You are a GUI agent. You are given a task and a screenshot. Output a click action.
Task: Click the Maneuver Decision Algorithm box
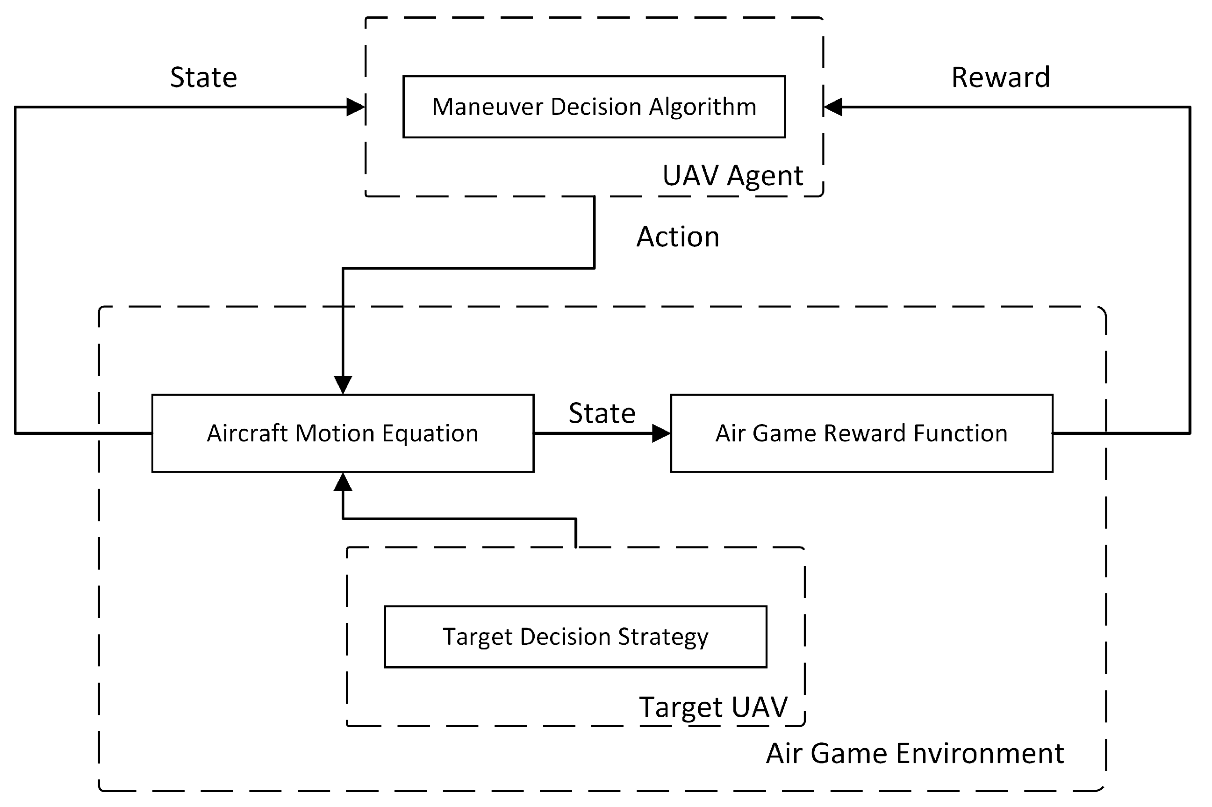594,107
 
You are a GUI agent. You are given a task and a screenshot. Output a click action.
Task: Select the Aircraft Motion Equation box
343,433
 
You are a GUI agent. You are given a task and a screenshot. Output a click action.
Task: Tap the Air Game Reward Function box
861,433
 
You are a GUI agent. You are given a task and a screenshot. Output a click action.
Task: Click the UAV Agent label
732,175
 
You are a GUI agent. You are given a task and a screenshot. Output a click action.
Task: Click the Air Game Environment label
915,754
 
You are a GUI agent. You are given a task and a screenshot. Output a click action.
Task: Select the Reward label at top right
1000,77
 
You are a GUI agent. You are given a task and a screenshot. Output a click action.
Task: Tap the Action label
677,237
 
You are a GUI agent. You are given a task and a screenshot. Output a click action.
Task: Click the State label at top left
203,77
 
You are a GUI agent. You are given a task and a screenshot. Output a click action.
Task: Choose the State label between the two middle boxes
602,413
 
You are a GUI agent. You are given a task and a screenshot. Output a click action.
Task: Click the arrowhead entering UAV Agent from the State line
356,107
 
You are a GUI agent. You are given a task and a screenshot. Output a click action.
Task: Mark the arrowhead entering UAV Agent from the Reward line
832,107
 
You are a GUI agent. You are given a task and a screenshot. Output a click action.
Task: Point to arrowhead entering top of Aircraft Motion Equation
343,385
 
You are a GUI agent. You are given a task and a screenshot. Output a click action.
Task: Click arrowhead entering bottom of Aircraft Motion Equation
343,482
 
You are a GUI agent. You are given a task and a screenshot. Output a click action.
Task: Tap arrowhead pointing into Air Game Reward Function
661,433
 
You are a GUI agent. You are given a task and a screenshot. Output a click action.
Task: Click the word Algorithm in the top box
702,107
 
